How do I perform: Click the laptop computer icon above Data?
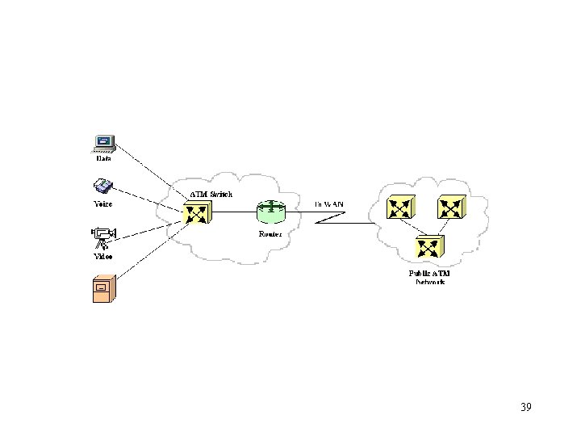(x=104, y=143)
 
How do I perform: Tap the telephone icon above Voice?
(x=104, y=188)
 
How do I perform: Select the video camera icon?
(x=103, y=238)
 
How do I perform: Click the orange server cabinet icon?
(x=102, y=287)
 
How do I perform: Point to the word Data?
(x=104, y=159)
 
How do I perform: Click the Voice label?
(x=102, y=204)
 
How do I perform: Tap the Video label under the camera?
(x=103, y=256)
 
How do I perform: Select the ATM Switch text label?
(x=211, y=195)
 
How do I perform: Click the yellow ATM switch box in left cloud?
(x=196, y=213)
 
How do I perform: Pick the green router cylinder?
(x=270, y=212)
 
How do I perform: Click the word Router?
(x=270, y=233)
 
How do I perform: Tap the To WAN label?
(x=328, y=203)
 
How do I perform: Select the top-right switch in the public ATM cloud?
(x=452, y=208)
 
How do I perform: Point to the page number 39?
(x=525, y=407)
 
